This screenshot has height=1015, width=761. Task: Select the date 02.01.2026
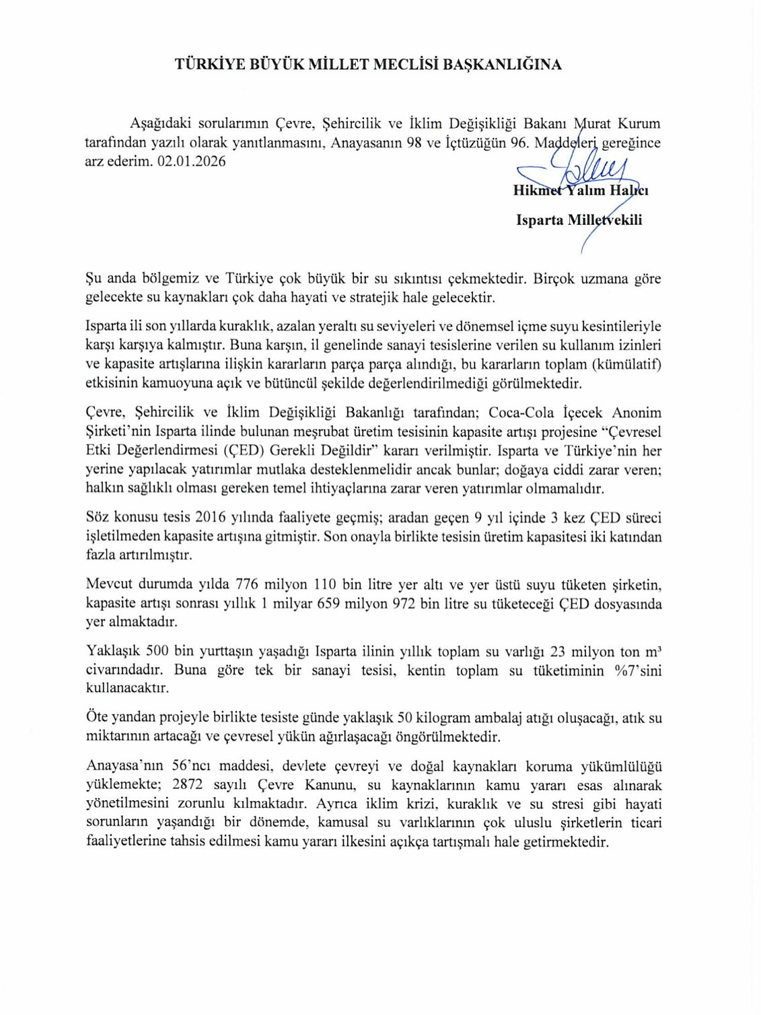point(192,162)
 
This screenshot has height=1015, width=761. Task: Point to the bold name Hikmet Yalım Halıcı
point(580,190)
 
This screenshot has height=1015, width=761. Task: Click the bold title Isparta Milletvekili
point(579,220)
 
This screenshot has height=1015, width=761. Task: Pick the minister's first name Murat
point(593,124)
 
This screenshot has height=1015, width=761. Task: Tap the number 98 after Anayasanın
point(424,143)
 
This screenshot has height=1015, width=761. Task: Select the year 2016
point(211,518)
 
